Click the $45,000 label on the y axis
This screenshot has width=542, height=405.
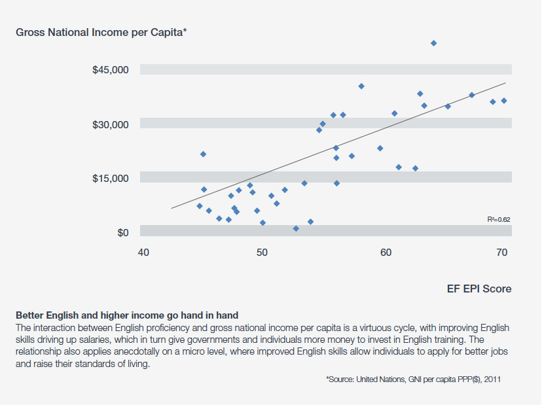111,70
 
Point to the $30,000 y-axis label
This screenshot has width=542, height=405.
111,124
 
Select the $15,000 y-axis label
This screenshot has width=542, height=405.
111,178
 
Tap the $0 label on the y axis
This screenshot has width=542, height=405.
122,232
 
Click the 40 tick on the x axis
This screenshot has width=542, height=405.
145,253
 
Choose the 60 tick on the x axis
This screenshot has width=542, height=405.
386,253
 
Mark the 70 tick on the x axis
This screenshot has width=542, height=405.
502,253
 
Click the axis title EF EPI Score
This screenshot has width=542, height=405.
480,288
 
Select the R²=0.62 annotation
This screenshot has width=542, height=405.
498,220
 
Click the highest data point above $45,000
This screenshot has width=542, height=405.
433,43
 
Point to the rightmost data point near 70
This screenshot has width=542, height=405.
504,100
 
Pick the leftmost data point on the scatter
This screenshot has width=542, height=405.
200,206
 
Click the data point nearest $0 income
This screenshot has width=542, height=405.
296,228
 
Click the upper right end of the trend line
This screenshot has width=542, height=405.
505,83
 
